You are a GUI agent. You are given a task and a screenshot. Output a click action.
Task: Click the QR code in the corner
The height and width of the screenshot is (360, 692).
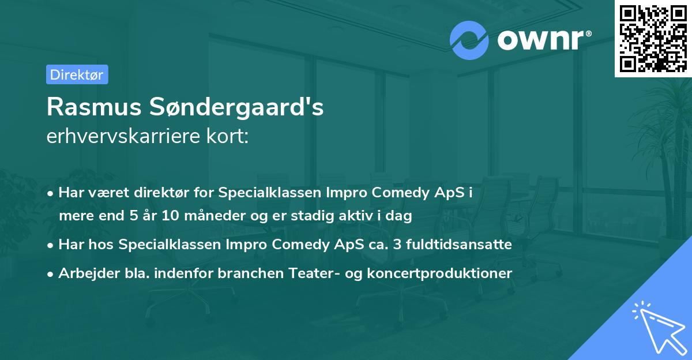pyautogui.click(x=653, y=38)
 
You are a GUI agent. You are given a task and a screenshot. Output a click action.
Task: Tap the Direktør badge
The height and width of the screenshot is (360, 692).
pyautogui.click(x=77, y=74)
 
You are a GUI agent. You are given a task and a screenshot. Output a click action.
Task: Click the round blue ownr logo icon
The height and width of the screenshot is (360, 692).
pyautogui.click(x=469, y=40)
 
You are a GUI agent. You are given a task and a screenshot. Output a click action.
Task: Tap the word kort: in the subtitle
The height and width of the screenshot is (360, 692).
pyautogui.click(x=230, y=137)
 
